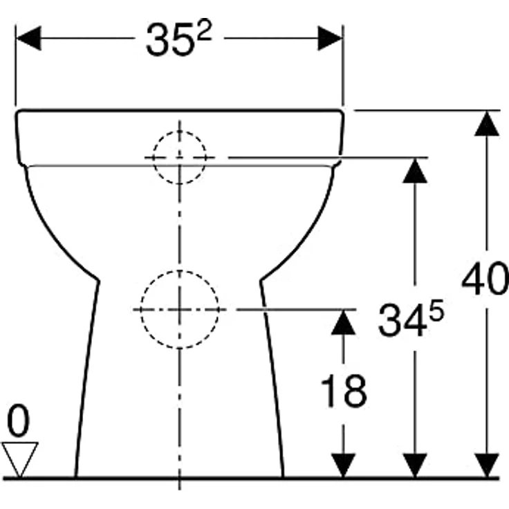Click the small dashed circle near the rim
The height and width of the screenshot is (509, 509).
coord(180,158)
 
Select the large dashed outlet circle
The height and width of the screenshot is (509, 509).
coord(180,309)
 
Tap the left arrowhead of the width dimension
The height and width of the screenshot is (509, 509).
coord(28,38)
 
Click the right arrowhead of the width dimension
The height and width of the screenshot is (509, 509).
coord(331,38)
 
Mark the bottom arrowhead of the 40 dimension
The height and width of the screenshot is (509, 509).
coord(488,465)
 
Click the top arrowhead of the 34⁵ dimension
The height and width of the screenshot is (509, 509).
coord(414,169)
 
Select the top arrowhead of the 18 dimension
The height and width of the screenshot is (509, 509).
coord(343,322)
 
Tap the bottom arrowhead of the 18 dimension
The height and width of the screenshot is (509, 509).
coord(343,465)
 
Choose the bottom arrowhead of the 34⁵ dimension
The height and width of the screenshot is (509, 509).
coord(414,465)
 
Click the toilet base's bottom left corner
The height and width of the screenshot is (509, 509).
coord(75,476)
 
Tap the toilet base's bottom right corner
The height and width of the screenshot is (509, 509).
coord(284,476)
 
